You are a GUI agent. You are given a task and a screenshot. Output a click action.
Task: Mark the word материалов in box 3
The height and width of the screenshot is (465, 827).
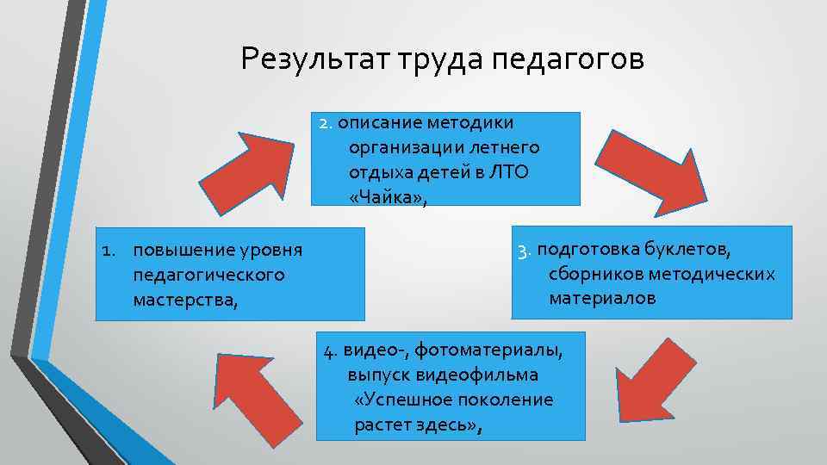[602, 298]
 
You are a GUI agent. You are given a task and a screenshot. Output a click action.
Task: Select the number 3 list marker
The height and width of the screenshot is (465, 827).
[523, 251]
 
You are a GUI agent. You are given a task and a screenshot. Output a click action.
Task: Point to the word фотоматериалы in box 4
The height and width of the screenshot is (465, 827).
[490, 350]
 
